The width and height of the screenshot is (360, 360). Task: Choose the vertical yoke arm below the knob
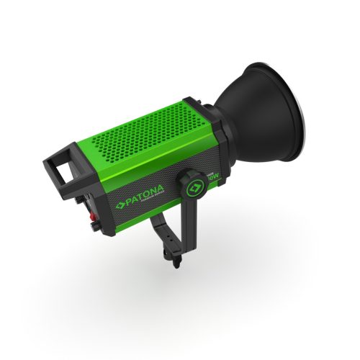(x=189, y=220)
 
